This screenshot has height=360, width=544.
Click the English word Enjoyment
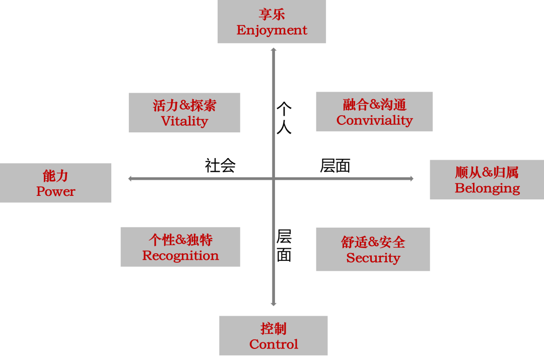click(271, 30)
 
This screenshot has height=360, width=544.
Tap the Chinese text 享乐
click(272, 14)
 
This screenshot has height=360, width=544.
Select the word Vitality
click(184, 121)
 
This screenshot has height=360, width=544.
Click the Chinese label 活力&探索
click(184, 105)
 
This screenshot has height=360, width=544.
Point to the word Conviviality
click(374, 120)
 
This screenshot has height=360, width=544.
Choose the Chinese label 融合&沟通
click(374, 104)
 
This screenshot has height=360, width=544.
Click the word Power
click(55, 192)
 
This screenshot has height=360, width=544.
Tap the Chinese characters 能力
click(55, 176)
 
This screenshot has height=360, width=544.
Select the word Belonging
click(487, 188)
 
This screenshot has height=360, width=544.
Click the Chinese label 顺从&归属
click(487, 172)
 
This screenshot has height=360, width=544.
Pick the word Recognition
click(180, 256)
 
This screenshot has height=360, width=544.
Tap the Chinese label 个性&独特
click(180, 240)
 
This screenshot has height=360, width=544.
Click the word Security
click(373, 258)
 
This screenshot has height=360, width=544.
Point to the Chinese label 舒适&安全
click(373, 242)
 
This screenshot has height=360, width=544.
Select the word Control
click(274, 344)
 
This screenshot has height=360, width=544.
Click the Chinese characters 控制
click(274, 329)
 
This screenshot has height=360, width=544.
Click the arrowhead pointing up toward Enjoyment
click(274, 50)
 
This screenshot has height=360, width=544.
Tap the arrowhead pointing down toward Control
click(274, 304)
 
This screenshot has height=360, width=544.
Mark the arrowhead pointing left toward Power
click(130, 178)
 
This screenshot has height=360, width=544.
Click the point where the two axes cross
click(274, 178)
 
